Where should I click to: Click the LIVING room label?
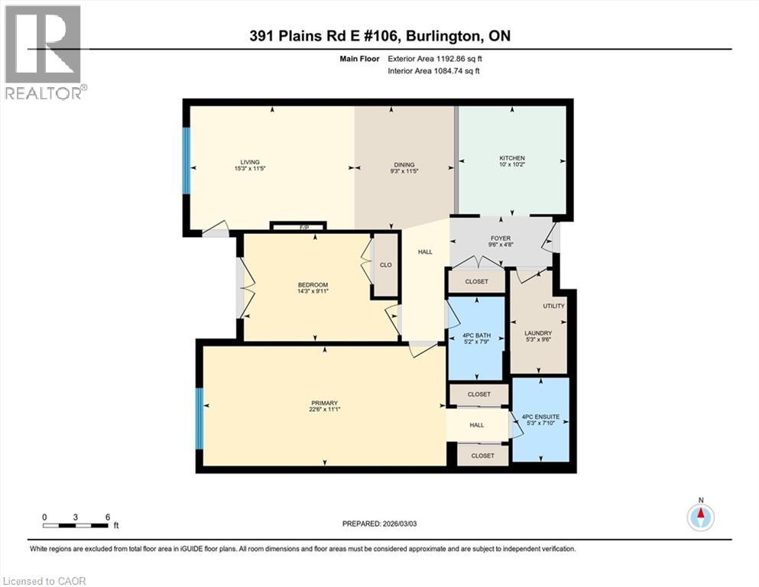click(250, 162)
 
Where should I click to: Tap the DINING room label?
click(404, 164)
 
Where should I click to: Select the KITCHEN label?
click(511, 158)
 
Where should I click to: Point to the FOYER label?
click(500, 238)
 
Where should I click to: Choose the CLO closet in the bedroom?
click(386, 265)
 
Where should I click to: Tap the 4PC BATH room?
click(475, 336)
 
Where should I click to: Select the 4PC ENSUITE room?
click(540, 417)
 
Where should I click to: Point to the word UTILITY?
click(553, 306)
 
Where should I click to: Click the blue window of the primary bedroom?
click(199, 419)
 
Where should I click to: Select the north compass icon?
click(700, 517)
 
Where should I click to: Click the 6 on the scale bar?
click(107, 516)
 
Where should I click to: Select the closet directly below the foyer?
click(477, 281)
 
